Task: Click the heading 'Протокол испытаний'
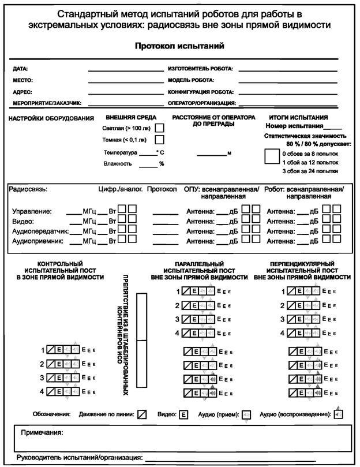179,46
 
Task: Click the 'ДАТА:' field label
21,69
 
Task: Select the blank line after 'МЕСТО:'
126,80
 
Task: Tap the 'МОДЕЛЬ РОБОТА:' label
191,80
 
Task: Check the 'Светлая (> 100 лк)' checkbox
160,128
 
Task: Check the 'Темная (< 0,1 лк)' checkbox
160,140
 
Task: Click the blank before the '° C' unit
148,154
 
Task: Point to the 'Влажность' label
118,164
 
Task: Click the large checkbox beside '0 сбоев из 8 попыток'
272,156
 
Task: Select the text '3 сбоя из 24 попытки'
310,172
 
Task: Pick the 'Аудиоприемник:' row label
36,240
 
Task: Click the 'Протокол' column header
162,189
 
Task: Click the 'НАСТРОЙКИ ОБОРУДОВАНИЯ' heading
51,118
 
